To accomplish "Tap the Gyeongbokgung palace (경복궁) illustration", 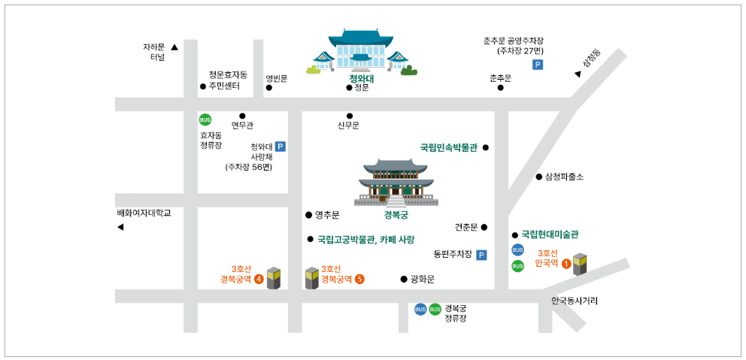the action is point(396,183).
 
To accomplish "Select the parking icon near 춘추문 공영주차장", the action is point(538,65).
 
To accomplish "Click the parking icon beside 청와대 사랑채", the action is point(281,147).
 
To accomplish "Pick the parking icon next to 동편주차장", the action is point(481,255).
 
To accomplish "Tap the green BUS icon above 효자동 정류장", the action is point(205,120).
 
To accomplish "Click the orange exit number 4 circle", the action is point(259,279).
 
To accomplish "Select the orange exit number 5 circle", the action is point(359,279).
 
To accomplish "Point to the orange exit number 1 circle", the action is point(566,263).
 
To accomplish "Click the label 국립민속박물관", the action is point(448,147).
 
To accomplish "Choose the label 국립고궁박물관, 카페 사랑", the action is point(365,240).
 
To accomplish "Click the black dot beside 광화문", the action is point(404,279).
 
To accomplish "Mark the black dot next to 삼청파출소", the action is point(538,177).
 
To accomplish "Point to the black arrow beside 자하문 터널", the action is point(174,47).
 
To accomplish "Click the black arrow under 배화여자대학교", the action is point(120,227).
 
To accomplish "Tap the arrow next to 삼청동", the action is point(578,74).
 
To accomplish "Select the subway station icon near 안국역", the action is point(580,265).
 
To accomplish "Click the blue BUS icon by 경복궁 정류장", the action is point(420,309).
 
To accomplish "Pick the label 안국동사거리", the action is point(575,301).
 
